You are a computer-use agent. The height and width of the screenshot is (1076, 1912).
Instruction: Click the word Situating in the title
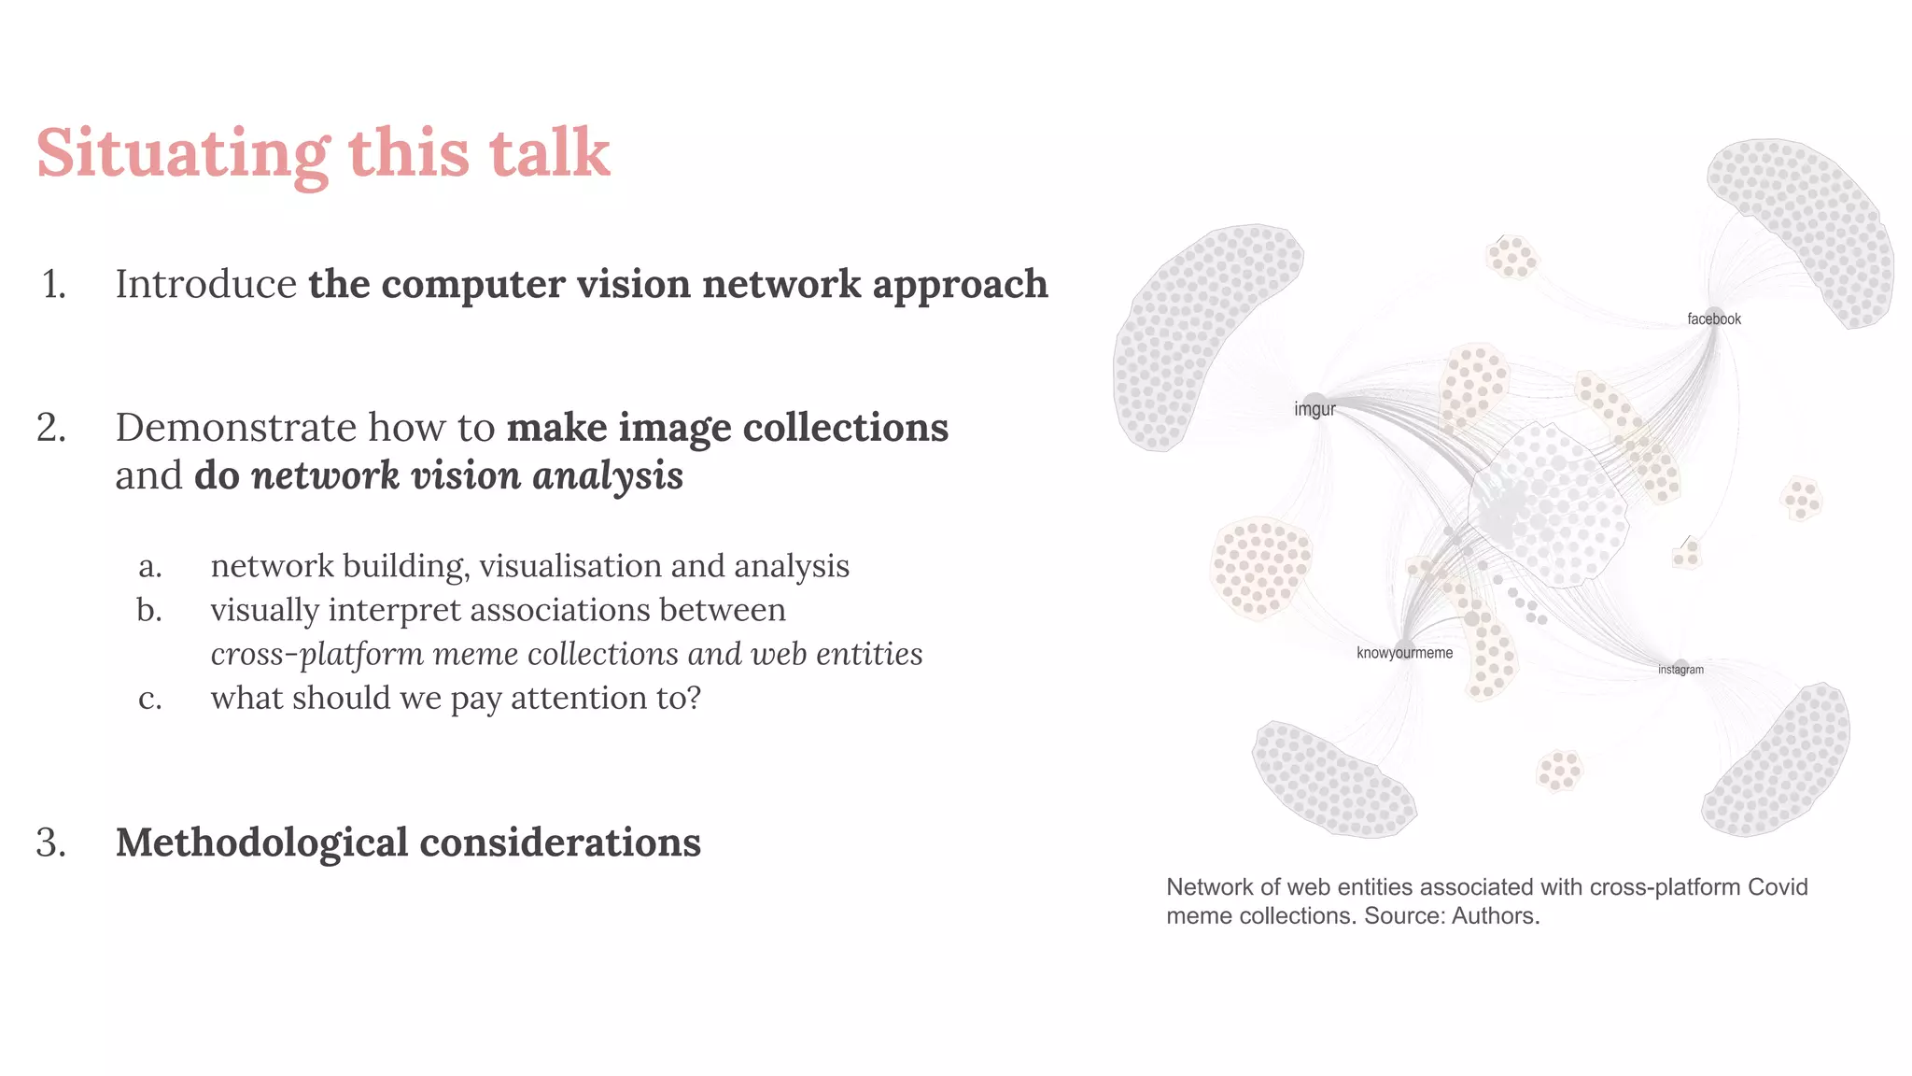[183, 154]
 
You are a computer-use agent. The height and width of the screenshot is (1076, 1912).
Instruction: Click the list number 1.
[54, 285]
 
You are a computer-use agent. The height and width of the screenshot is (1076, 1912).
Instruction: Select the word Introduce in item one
[205, 285]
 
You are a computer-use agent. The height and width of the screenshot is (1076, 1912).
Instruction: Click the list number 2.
[51, 428]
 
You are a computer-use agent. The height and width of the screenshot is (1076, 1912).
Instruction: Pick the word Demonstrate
[235, 428]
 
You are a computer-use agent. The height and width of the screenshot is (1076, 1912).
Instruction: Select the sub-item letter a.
[149, 566]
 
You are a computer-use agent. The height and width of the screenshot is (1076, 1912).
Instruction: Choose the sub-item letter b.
[149, 610]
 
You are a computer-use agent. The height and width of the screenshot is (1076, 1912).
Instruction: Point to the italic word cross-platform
[317, 654]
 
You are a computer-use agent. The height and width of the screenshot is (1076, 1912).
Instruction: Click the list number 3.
[51, 842]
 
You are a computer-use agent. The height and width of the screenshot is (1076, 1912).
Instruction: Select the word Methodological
[261, 842]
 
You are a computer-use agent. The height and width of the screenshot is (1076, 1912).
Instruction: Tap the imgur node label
[1314, 409]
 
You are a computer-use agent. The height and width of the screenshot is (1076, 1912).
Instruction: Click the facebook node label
[1713, 319]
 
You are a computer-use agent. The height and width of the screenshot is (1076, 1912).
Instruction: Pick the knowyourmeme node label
[1404, 653]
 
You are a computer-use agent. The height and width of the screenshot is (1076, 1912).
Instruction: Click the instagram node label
[1680, 670]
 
